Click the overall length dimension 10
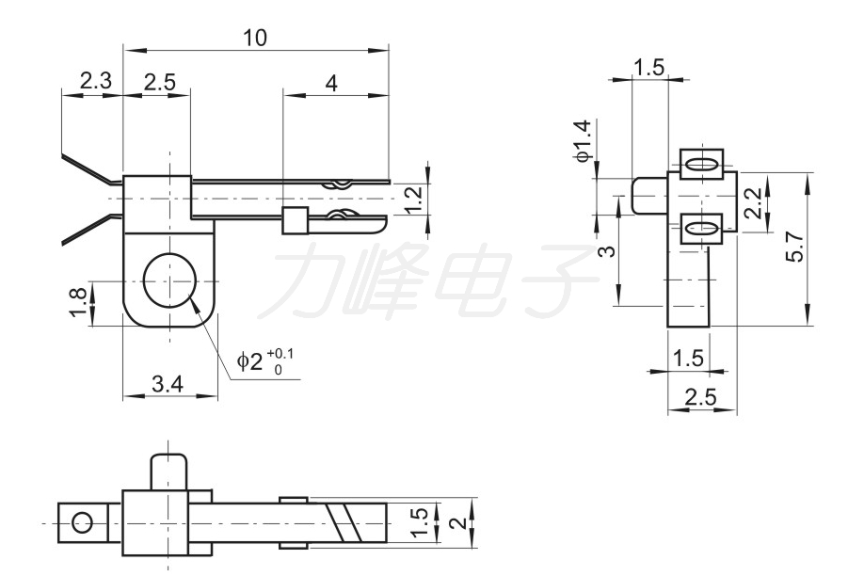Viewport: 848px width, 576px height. (254, 38)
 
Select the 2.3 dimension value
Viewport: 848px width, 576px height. (95, 82)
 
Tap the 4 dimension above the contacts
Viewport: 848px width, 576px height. (331, 83)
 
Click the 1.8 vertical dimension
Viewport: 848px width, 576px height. (79, 301)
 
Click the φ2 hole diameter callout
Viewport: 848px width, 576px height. (249, 361)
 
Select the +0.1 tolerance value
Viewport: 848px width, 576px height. (280, 353)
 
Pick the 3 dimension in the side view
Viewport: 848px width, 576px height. (607, 251)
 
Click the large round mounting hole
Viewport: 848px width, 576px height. (169, 280)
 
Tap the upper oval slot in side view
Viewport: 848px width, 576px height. (700, 164)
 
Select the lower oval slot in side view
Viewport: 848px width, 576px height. (700, 227)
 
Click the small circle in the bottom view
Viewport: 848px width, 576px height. (82, 521)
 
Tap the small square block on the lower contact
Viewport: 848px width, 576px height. (295, 222)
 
